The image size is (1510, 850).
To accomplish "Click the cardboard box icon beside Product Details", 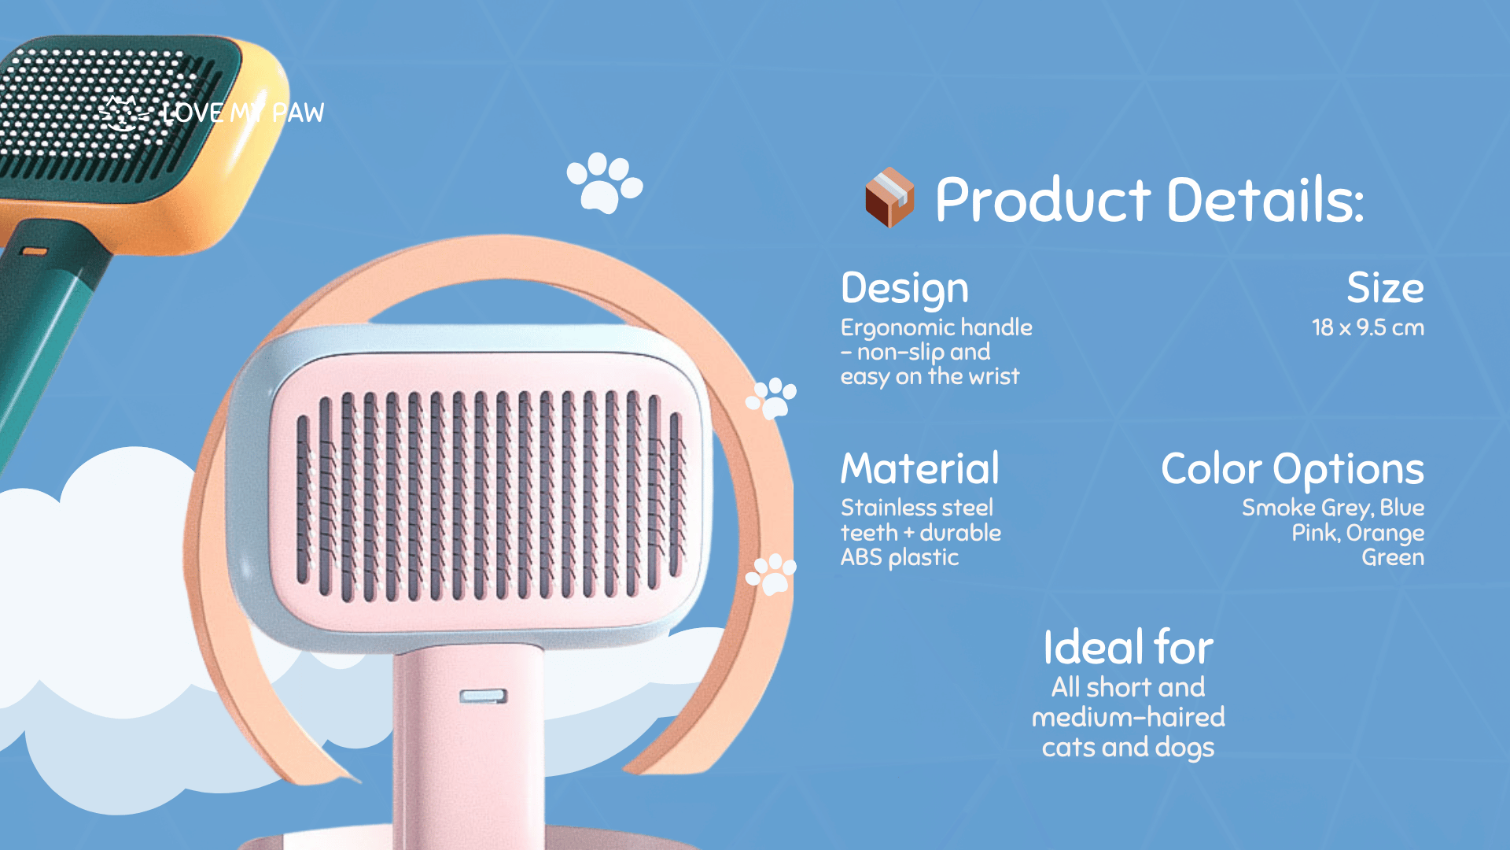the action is [x=889, y=198].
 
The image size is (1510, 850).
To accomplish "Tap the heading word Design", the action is [x=904, y=289].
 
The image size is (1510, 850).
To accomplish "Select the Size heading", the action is [x=1385, y=288].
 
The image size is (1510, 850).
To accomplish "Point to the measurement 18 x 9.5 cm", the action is [x=1368, y=327].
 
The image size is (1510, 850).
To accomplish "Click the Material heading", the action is [x=920, y=468].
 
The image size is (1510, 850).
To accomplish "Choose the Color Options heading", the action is [x=1292, y=470].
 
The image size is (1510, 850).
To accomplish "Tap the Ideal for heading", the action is [x=1128, y=648].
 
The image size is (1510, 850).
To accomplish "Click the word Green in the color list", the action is [x=1393, y=557].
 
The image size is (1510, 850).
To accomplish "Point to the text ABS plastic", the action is [x=900, y=557].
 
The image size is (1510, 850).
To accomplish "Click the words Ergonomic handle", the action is [x=936, y=327].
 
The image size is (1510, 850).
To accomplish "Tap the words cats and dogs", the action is [x=1128, y=747].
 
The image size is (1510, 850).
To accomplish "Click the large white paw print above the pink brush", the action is [x=604, y=183].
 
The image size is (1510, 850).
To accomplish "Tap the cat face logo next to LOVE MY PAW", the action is [x=123, y=113].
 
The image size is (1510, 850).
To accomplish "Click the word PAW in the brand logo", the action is [x=298, y=113].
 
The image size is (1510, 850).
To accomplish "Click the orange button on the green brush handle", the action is [x=34, y=252].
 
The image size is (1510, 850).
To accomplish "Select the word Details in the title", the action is [x=1265, y=200].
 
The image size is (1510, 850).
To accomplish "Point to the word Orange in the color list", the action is [x=1385, y=534].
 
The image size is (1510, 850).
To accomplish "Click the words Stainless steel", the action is [x=917, y=508].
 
